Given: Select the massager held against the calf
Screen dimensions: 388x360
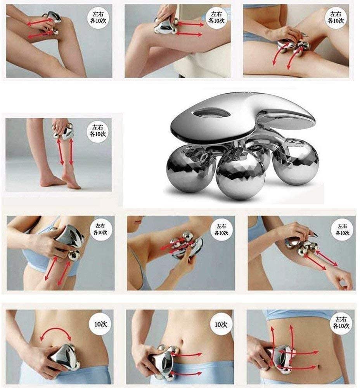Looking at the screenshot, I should click(x=63, y=131).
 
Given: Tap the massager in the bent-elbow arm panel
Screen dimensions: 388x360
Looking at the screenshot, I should click(x=186, y=244).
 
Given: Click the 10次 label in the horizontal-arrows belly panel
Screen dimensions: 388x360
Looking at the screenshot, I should click(x=220, y=324).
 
